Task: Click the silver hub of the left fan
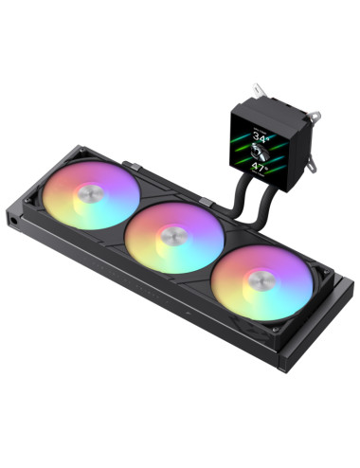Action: (91, 196)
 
